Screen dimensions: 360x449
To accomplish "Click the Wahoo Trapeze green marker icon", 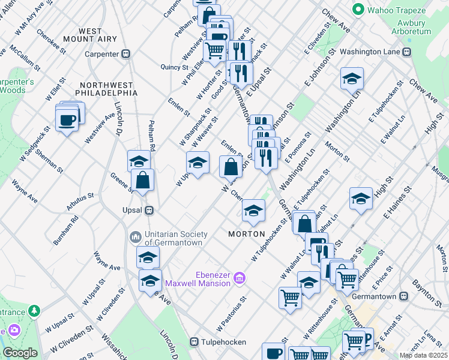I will coord(359,10).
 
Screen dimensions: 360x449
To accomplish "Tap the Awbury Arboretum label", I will coord(411,27).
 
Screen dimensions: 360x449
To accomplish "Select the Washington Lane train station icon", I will coord(406,52).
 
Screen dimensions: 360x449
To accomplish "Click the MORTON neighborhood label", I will coord(247,233).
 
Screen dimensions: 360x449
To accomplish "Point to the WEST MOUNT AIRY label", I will coord(98,35).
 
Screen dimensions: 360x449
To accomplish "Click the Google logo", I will coord(20,353).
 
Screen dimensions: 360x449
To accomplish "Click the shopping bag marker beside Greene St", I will coord(142,180).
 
